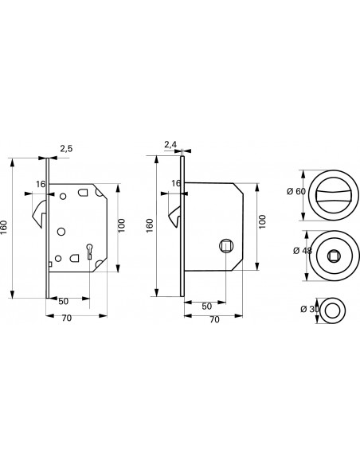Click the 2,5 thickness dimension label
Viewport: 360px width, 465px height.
(66, 148)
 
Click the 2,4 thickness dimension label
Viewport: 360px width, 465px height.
(170, 145)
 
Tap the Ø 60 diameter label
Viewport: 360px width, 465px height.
(296, 192)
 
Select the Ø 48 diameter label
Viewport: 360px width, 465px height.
(303, 251)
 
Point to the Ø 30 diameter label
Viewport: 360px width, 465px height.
(310, 309)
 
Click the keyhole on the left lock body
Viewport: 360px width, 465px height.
(89, 252)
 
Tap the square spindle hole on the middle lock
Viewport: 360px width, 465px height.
(226, 246)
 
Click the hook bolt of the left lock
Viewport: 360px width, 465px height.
(40, 213)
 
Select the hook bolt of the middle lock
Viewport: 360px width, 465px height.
(175, 217)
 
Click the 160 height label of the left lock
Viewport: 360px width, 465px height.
(4, 228)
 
